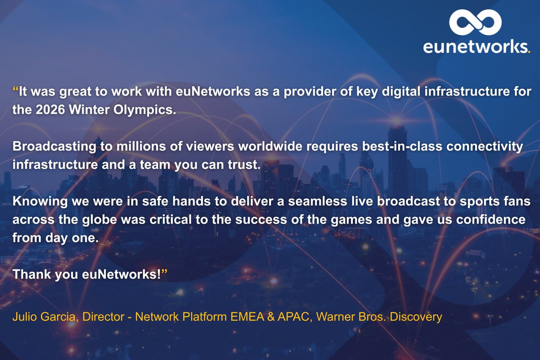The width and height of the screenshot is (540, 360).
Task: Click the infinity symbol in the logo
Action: point(475,22)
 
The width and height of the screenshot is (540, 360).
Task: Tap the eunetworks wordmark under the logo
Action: point(476,47)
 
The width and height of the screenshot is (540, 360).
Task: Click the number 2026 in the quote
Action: point(47,110)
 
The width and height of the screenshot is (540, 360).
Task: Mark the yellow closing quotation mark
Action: point(164,273)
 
